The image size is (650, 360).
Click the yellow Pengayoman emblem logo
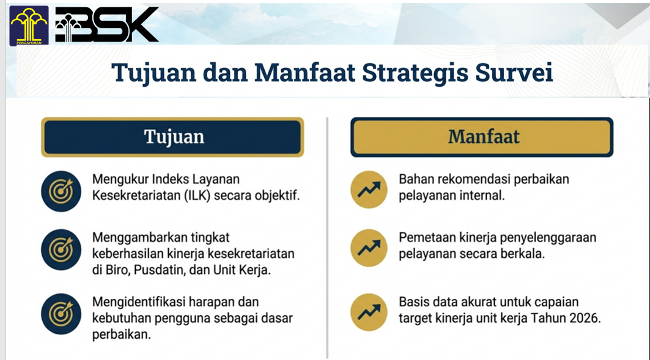pos(29,26)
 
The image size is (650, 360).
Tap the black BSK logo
pos(107,24)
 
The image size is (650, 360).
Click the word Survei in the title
pos(514,73)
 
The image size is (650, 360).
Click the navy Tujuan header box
pos(172,137)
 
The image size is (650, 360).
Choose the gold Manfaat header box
pos(482,137)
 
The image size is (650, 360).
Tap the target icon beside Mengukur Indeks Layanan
pos(61,191)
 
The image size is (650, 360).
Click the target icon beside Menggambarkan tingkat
pos(61,249)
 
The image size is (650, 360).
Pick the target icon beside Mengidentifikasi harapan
pos(61,314)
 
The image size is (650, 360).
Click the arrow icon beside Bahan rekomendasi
pos(369,189)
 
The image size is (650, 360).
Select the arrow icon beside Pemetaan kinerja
pos(369,248)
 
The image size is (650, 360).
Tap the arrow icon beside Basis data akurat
pos(369,312)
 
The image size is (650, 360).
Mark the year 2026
pos(585,318)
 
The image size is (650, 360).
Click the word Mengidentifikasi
pos(139,302)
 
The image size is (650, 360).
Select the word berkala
pos(528,254)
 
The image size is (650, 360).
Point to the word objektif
pos(278,196)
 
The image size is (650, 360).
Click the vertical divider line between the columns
pos(327,238)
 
